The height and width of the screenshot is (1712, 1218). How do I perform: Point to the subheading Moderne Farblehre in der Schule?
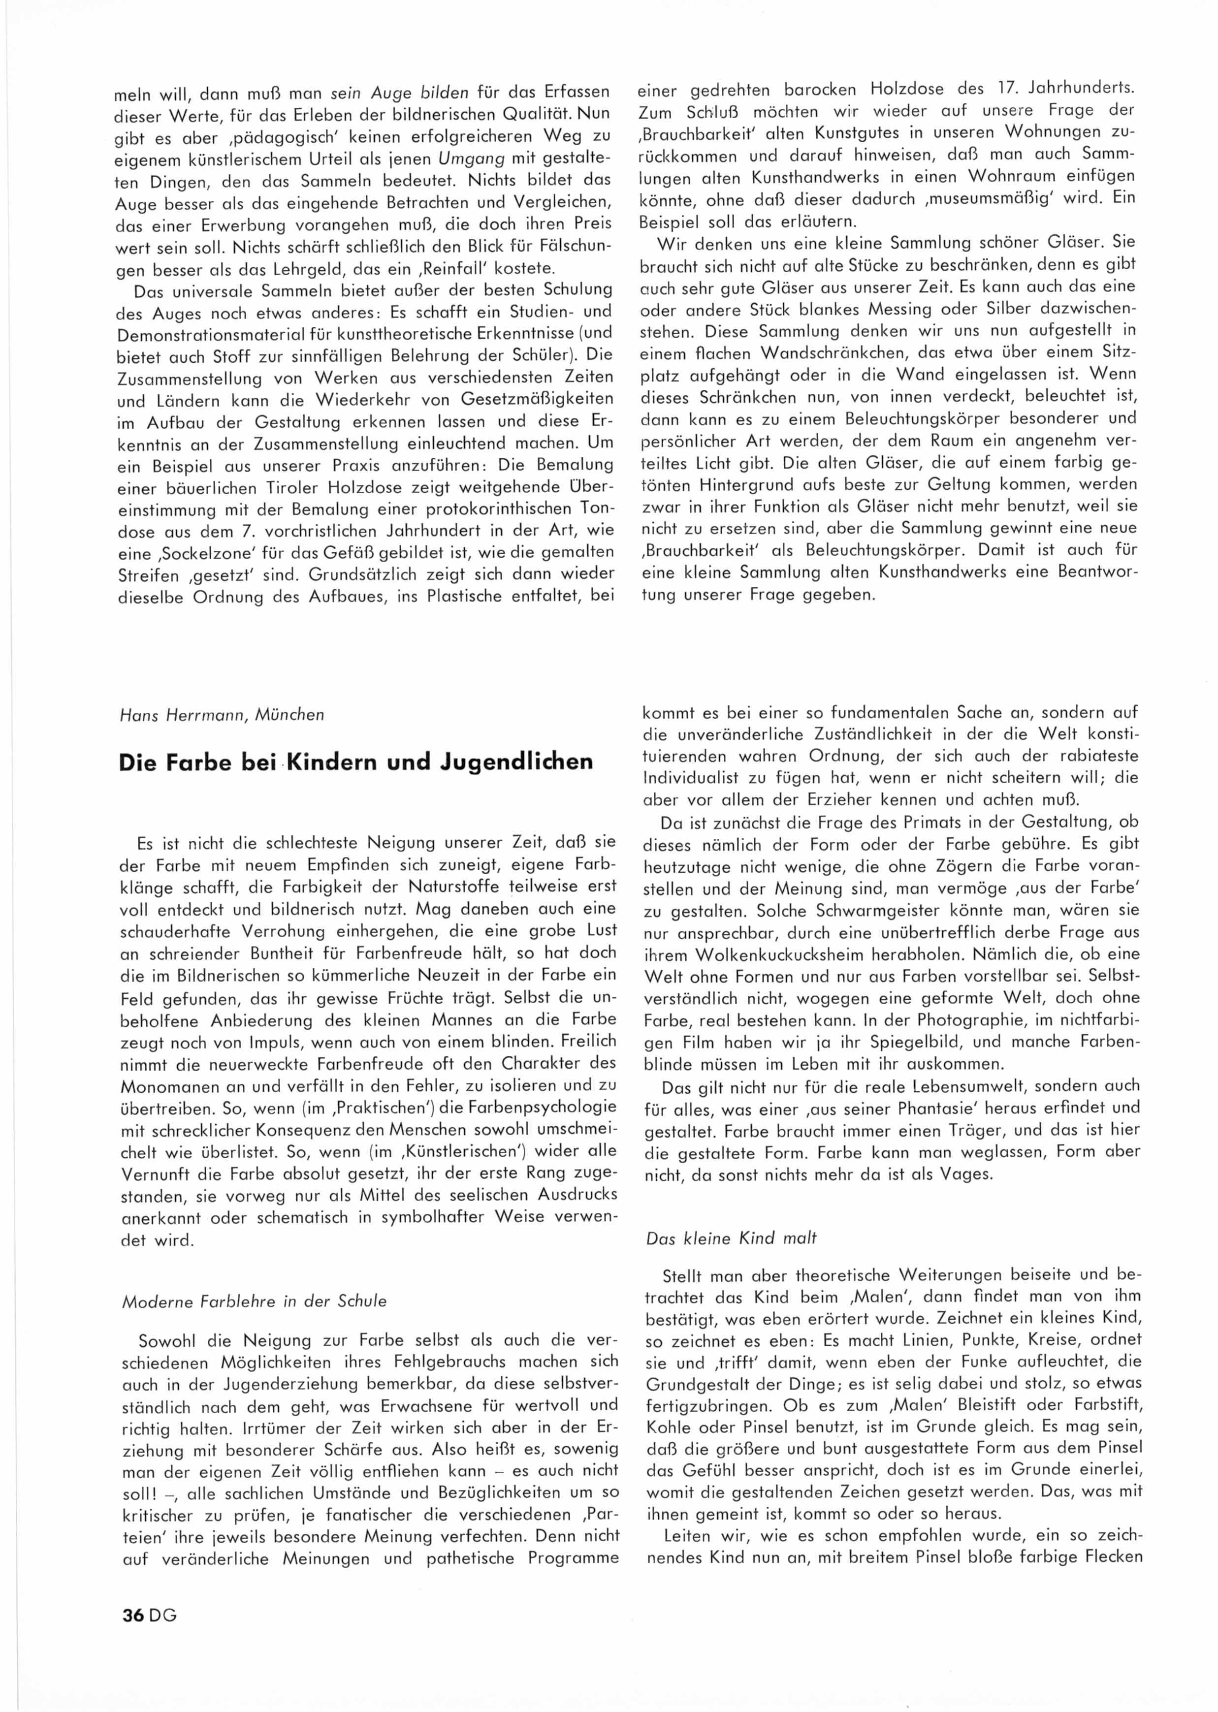tap(254, 1300)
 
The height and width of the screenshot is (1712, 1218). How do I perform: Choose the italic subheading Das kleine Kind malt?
tap(731, 1239)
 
